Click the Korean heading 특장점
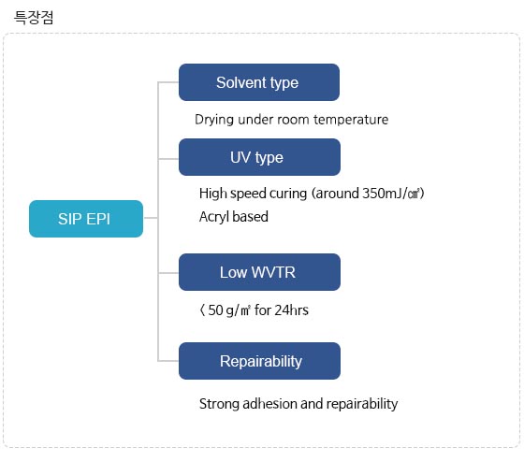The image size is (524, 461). click(x=34, y=18)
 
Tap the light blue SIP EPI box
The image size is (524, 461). click(x=86, y=219)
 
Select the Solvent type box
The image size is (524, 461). click(x=259, y=82)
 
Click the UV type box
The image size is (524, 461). click(x=259, y=157)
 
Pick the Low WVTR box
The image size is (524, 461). click(x=259, y=272)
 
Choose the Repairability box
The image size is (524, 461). click(x=259, y=361)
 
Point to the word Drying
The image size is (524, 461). click(x=214, y=120)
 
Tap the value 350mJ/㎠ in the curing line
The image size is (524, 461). click(x=391, y=194)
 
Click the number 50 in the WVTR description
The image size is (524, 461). click(x=215, y=310)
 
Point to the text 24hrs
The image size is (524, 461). click(x=291, y=310)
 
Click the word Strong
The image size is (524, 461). click(x=219, y=404)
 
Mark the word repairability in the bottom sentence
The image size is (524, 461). click(x=362, y=404)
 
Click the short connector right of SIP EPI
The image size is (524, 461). click(x=151, y=218)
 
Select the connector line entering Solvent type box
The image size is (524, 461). click(x=168, y=82)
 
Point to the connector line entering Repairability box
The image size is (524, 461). click(x=168, y=361)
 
